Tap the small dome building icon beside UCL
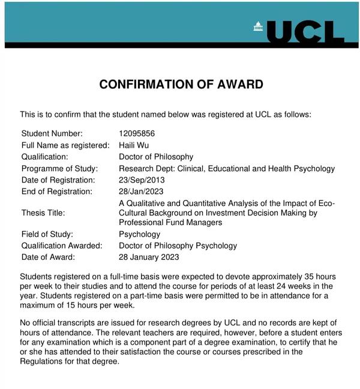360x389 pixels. point(259,26)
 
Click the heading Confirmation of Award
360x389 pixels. point(181,85)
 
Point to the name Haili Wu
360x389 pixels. point(134,145)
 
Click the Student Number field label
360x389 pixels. point(52,133)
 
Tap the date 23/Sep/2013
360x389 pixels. point(142,180)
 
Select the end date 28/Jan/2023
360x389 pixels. point(142,191)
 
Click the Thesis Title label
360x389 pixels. point(43,213)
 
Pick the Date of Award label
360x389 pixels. point(48,257)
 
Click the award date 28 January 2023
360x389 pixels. point(149,257)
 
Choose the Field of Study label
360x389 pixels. point(47,234)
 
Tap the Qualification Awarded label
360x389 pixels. point(62,246)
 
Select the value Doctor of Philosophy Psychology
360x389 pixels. point(178,246)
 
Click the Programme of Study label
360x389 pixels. point(59,169)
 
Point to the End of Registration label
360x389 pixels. point(57,191)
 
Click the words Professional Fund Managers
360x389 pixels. point(170,222)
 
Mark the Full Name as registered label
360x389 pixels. point(65,145)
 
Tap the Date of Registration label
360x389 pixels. point(58,180)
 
